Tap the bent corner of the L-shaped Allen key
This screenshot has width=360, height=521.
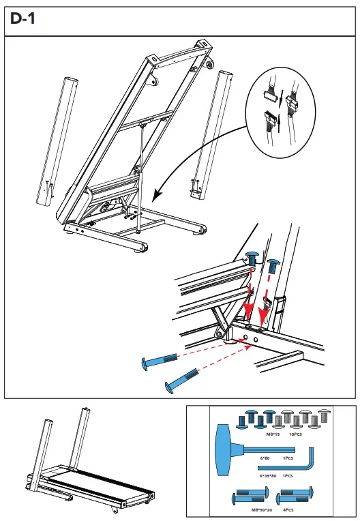click(x=313, y=469)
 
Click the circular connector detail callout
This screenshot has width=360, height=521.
click(x=280, y=109)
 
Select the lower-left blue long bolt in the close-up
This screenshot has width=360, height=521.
click(x=179, y=381)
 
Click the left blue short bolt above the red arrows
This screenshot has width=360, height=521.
click(x=252, y=259)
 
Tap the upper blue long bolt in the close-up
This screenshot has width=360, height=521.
click(x=158, y=359)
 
